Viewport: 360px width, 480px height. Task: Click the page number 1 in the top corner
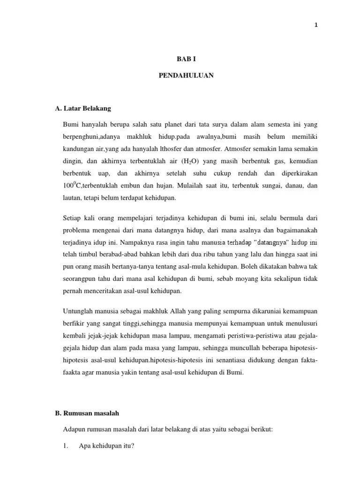pos(316,25)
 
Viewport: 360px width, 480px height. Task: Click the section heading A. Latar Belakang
pos(83,108)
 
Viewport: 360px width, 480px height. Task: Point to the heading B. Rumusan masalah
pos(87,413)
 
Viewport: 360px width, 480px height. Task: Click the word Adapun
pos(73,429)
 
